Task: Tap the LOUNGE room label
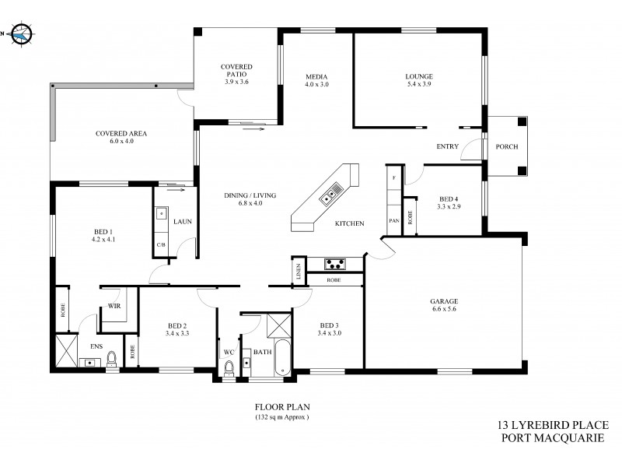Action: tap(418, 76)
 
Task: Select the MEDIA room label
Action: tap(316, 75)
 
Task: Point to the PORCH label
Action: tap(506, 146)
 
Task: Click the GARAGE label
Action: tap(444, 301)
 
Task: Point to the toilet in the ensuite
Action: tap(111, 359)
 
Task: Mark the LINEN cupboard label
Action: tap(298, 272)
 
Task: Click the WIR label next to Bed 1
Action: tap(114, 307)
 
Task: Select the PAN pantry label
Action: tap(393, 221)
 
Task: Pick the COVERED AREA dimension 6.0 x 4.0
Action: tap(121, 141)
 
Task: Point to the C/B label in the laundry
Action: tap(161, 245)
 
